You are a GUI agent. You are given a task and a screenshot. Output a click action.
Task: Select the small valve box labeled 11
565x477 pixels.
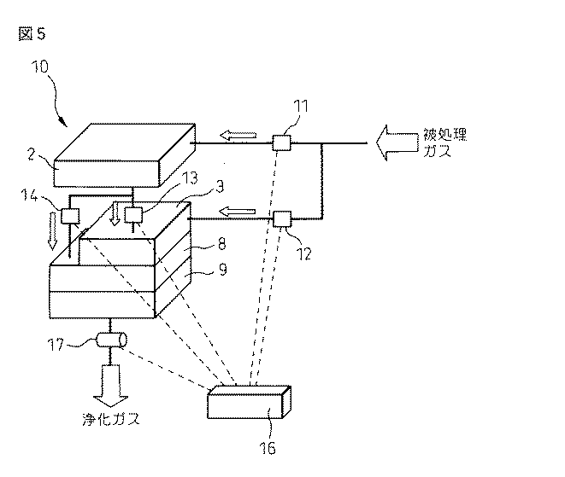[281, 143]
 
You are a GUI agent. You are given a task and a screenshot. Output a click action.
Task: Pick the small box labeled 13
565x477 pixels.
[132, 215]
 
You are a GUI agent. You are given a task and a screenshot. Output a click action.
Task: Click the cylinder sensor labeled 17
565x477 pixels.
[110, 340]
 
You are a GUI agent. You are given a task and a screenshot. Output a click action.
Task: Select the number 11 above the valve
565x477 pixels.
[300, 108]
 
